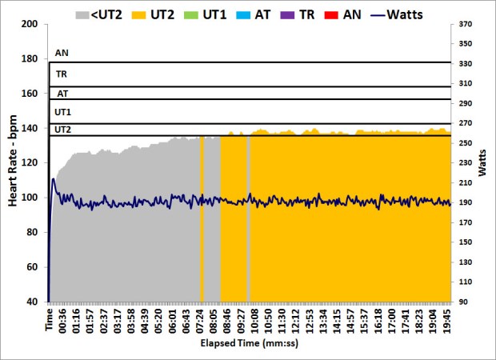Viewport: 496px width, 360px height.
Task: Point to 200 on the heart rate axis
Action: pos(29,24)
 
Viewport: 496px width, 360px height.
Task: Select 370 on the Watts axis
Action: pos(466,24)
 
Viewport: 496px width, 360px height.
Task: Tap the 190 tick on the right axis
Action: pos(466,202)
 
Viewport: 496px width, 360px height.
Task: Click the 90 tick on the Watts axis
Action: pos(466,302)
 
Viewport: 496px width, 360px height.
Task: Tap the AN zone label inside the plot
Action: pos(62,53)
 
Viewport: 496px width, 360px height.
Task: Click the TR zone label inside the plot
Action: pos(61,74)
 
